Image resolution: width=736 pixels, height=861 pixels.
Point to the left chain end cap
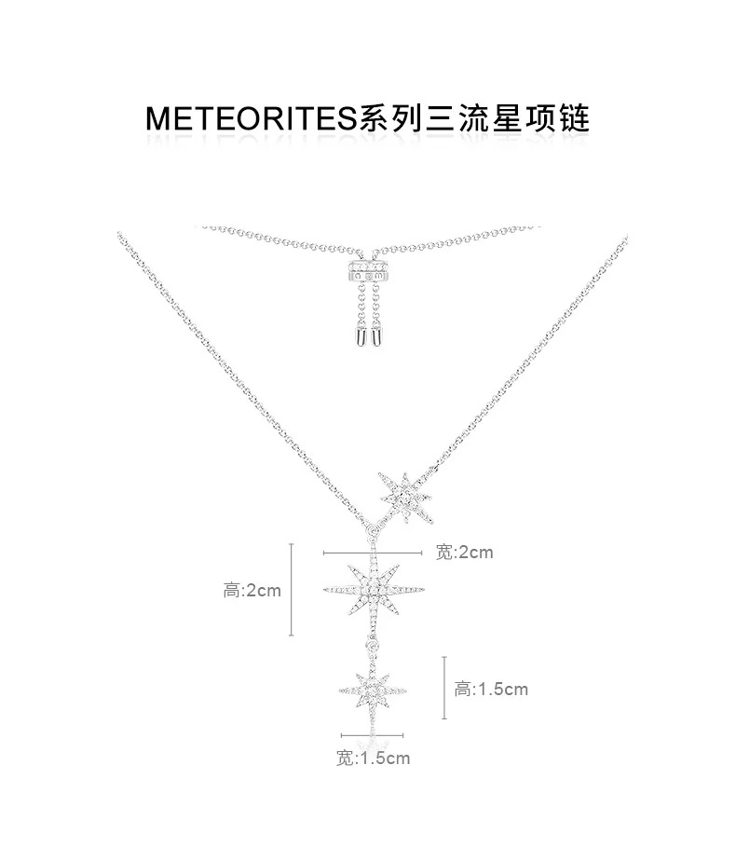pyautogui.click(x=358, y=337)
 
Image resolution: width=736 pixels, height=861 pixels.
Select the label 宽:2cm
pyautogui.click(x=464, y=553)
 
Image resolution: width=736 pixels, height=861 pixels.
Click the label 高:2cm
pyautogui.click(x=252, y=590)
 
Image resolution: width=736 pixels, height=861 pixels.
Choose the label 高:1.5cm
pyautogui.click(x=491, y=690)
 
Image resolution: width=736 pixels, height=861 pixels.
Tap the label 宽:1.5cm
pyautogui.click(x=373, y=758)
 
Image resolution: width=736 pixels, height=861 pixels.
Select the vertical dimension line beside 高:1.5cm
pyautogui.click(x=445, y=688)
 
